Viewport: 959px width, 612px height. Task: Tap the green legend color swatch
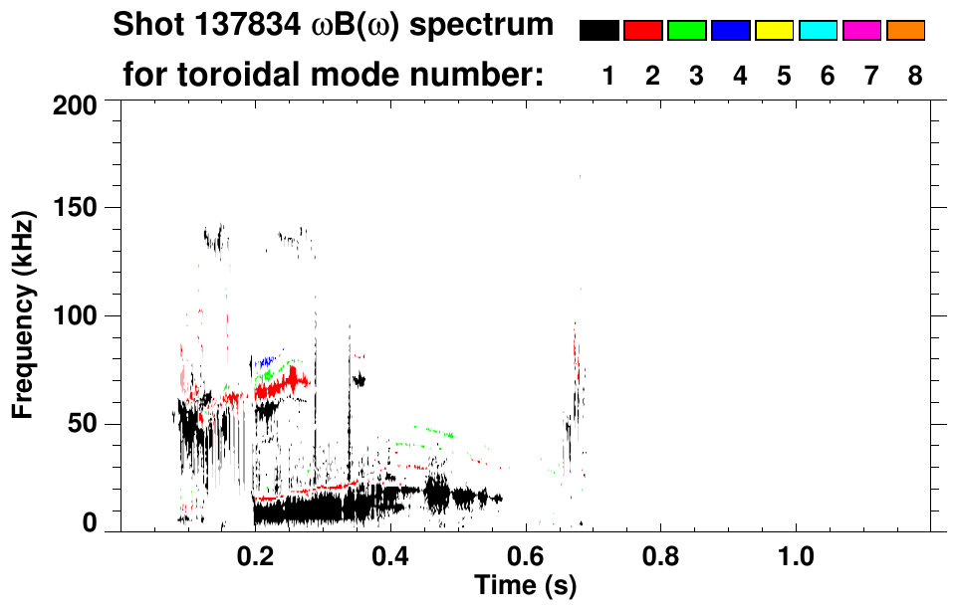click(x=686, y=31)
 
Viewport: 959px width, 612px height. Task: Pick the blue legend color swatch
click(x=730, y=31)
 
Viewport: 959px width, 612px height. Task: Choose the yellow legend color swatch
click(x=774, y=31)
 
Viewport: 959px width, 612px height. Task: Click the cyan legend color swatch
click(x=818, y=31)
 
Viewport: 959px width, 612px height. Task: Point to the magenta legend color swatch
click(x=861, y=31)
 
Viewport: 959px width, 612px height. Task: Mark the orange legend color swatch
click(x=905, y=31)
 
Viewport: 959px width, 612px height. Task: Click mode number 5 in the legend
click(x=784, y=76)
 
